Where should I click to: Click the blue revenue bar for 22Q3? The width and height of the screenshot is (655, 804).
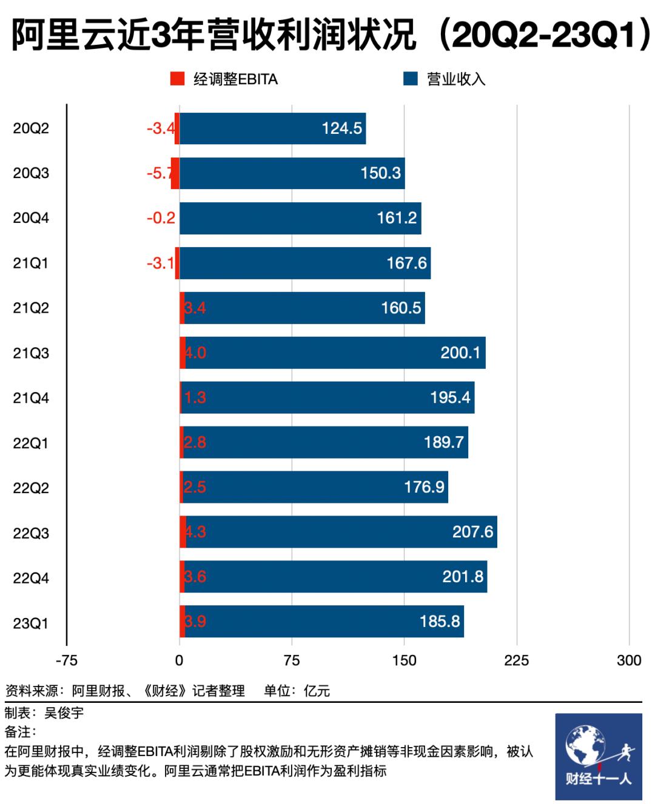point(340,532)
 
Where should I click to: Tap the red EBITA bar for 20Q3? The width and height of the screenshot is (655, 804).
point(175,173)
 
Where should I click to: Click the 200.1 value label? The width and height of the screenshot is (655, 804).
point(460,353)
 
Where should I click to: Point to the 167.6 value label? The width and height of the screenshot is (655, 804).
point(406,263)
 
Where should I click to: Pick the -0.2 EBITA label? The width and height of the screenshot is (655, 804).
point(161,218)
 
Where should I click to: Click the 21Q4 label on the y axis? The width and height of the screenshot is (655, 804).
point(31,398)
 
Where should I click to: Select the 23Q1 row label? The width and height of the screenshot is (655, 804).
point(31,623)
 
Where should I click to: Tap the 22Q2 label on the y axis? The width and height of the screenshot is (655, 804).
point(31,488)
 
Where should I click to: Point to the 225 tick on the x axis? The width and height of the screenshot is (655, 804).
point(516,660)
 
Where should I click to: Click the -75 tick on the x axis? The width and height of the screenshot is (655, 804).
point(66,660)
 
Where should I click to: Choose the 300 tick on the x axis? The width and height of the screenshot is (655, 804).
point(629,660)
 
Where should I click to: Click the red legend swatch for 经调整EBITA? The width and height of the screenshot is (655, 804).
point(177,79)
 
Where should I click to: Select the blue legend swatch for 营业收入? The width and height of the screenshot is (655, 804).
point(411,79)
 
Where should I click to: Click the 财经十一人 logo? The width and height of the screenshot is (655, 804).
point(598,757)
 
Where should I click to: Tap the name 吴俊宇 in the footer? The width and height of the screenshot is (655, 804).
point(64,713)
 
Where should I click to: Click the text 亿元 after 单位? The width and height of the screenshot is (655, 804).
point(317,691)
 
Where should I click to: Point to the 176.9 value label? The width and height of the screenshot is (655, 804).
point(424,487)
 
